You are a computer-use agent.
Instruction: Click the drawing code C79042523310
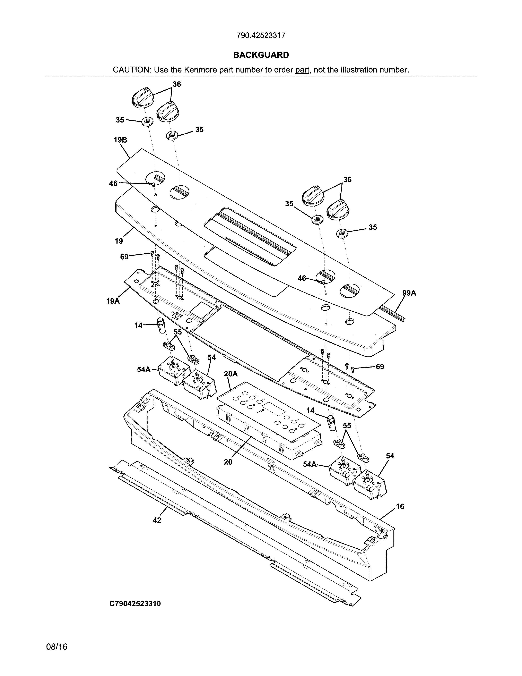[135, 603]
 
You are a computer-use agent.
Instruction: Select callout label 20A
[231, 374]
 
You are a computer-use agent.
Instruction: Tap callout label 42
[157, 520]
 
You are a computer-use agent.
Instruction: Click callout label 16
[400, 506]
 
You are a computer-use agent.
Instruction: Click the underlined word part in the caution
[302, 70]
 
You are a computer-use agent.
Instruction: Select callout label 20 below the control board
[228, 462]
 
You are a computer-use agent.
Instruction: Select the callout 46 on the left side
[113, 184]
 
